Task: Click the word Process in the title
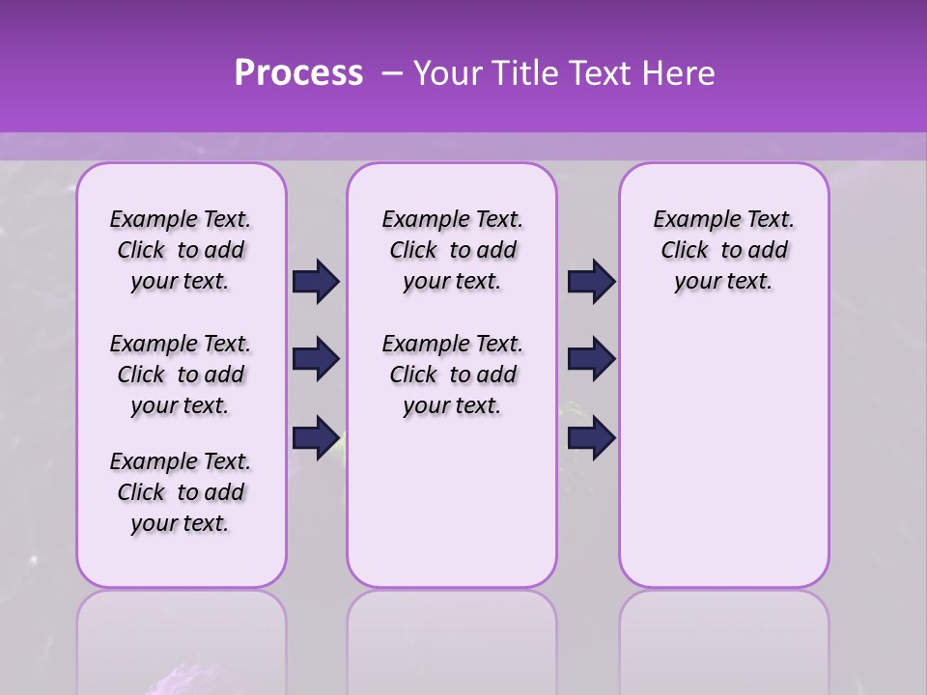[x=298, y=73]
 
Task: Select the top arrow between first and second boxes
[x=316, y=282]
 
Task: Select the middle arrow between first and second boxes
[x=316, y=359]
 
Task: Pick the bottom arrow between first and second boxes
[x=316, y=437]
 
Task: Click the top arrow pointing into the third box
[x=591, y=282]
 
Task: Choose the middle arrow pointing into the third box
[x=591, y=359]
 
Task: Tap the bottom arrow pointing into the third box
[x=591, y=437]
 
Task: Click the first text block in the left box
[x=181, y=250]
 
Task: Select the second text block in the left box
[x=181, y=375]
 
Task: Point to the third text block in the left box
[x=181, y=492]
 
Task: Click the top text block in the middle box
[x=452, y=250]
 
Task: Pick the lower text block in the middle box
[x=452, y=375]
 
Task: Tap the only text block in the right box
[x=723, y=250]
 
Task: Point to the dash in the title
[x=392, y=73]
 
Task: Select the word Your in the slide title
[x=449, y=73]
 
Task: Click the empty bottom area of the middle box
[x=452, y=512]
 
